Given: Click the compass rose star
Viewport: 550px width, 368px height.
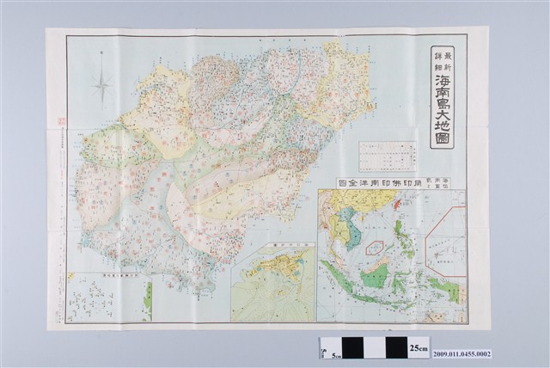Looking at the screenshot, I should (102, 84).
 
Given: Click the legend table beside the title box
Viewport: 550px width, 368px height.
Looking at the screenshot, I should (388, 157).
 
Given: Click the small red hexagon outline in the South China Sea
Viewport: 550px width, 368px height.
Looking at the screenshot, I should (376, 248).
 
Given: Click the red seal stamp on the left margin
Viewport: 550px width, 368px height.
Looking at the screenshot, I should (61, 122).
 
